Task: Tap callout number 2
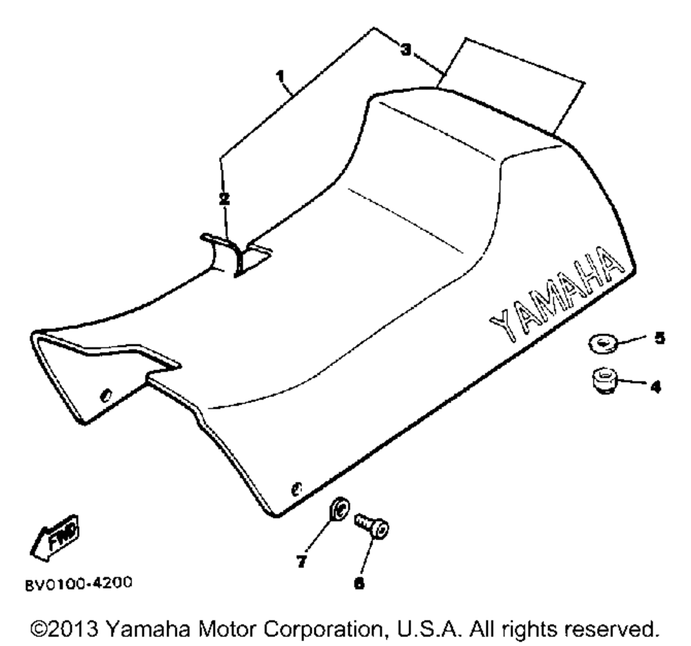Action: coord(225,199)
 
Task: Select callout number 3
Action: coord(406,49)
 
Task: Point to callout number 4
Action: coord(656,387)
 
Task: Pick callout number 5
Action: coord(659,338)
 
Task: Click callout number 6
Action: coord(359,583)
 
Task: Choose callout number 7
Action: coord(301,562)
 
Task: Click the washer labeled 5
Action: coord(603,343)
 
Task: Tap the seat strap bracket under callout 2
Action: coord(236,255)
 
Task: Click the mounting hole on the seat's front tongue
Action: coord(106,395)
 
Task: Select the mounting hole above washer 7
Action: coord(296,488)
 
